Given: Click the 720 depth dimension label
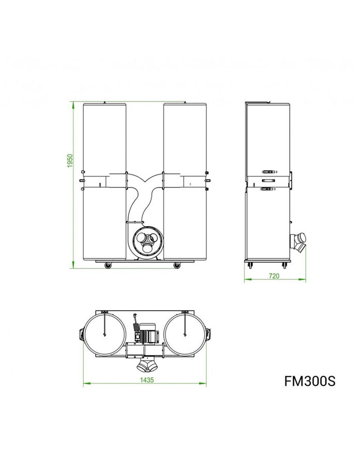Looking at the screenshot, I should point(274,276).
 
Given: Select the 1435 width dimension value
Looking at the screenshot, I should point(145,379).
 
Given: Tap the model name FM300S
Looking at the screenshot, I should point(310,381).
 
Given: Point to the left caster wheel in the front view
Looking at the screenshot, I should point(108,266).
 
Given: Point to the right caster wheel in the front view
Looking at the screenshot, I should point(177,266).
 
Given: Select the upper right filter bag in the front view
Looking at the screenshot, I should point(185,137).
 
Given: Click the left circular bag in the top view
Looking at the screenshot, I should point(104,333).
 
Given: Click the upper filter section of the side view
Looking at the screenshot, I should point(268,137).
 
